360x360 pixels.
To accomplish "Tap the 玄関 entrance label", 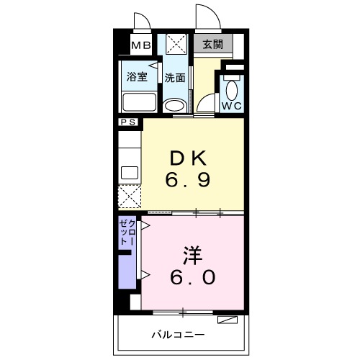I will pyautogui.click(x=212, y=45).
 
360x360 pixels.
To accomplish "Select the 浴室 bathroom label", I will pyautogui.click(x=138, y=76).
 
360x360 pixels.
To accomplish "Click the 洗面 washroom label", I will pyautogui.click(x=174, y=77).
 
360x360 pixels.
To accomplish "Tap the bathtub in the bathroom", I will pyautogui.click(x=139, y=101).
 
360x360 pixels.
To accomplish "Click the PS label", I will pyautogui.click(x=130, y=123).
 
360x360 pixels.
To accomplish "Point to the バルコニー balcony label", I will pyautogui.click(x=178, y=335).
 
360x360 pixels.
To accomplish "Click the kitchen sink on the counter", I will pyautogui.click(x=130, y=172).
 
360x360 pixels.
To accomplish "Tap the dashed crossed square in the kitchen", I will pyautogui.click(x=130, y=197).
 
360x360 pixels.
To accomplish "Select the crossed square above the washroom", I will pyautogui.click(x=175, y=45).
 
